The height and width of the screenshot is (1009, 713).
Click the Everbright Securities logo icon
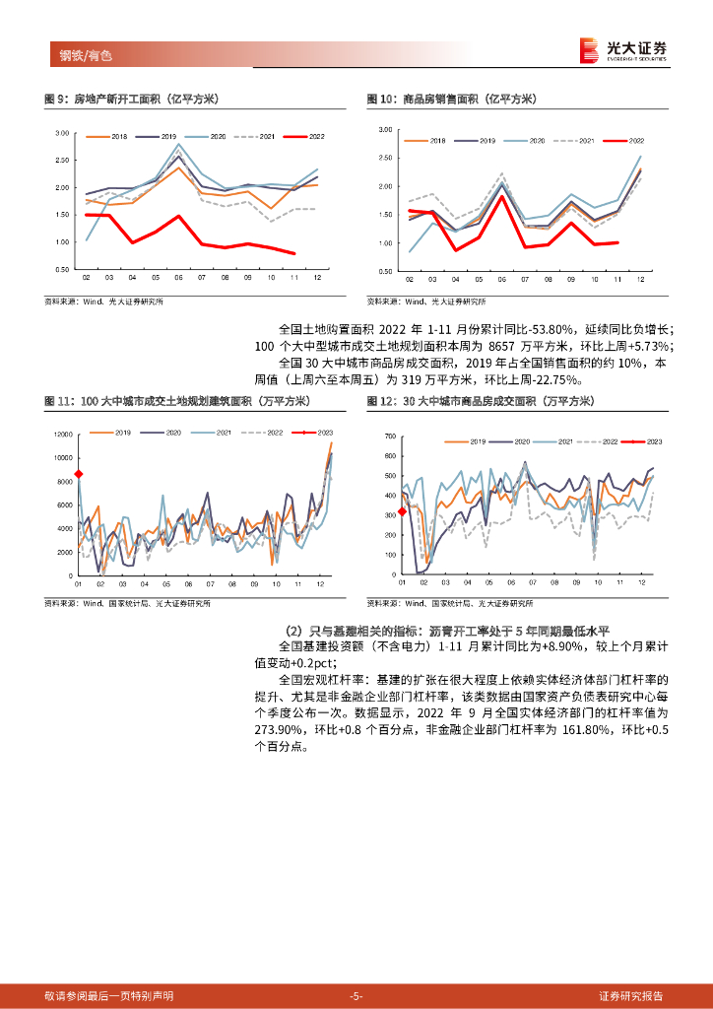pos(589,49)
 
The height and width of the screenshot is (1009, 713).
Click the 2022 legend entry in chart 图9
pos(310,136)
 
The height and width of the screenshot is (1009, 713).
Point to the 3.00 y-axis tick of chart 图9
pos(61,133)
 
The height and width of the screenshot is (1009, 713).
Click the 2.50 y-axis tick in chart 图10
pos(384,158)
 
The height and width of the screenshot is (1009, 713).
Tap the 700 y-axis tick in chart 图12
pos(388,436)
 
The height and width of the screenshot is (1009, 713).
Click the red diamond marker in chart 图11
pos(78,475)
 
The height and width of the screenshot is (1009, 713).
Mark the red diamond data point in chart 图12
pos(402,511)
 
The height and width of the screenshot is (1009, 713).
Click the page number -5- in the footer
pos(356,995)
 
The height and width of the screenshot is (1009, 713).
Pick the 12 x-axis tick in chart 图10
pos(640,279)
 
